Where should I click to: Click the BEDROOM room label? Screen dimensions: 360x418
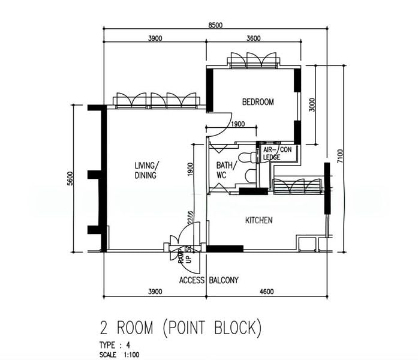258,102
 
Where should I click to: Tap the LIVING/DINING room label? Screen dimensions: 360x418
146,170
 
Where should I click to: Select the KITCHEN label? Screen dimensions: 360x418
259,220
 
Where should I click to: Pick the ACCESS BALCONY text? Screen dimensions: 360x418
209,280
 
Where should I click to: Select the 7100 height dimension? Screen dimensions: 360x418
340,157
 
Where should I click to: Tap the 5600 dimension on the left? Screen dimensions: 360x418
70,178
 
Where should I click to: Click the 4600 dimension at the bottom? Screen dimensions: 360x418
267,292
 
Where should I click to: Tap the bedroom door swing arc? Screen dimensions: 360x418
219,122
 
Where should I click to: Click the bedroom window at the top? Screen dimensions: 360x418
252,60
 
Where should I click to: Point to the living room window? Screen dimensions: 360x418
157,100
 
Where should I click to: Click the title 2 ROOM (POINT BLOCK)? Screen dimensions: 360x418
181,328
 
